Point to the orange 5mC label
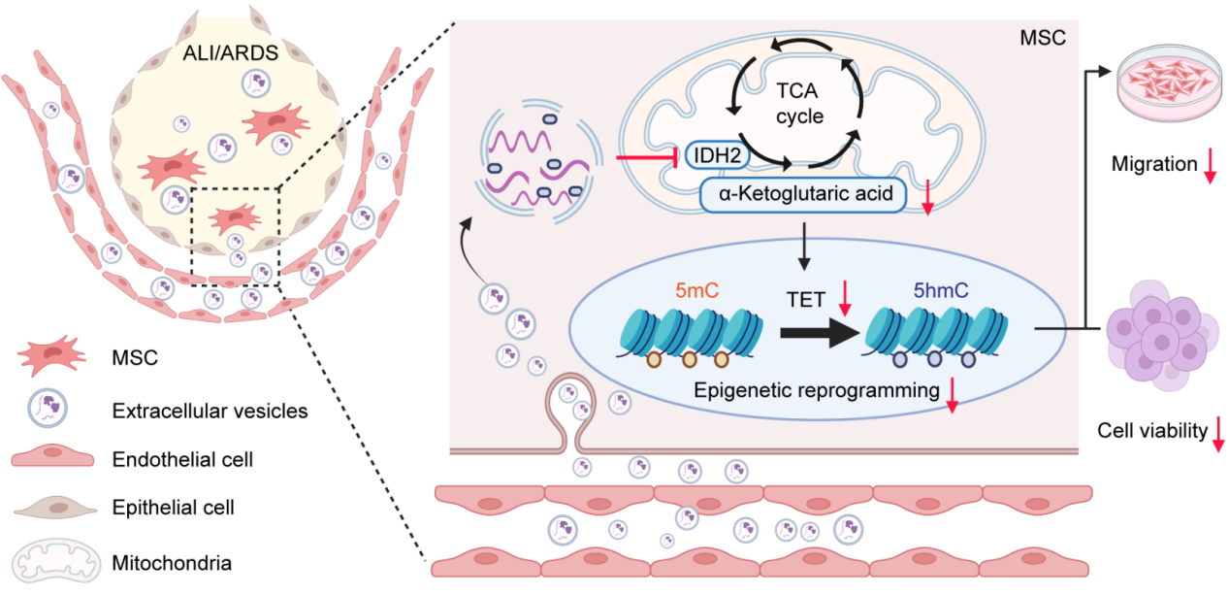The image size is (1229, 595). (x=668, y=289)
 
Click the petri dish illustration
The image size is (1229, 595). (x=1167, y=84)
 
